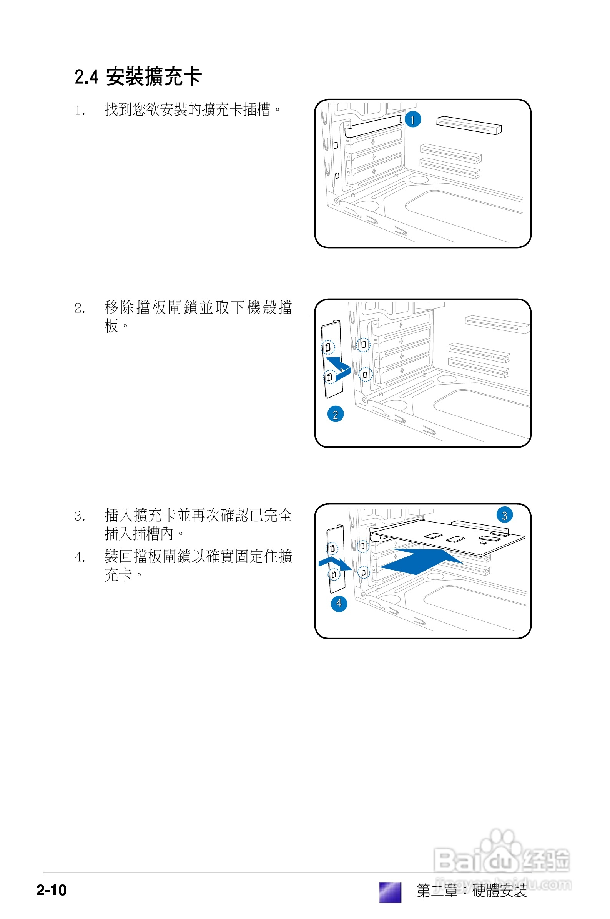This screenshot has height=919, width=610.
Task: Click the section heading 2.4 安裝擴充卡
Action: pyautogui.click(x=138, y=76)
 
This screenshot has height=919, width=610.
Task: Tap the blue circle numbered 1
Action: pyautogui.click(x=413, y=120)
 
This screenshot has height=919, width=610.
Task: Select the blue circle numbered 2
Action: pyautogui.click(x=335, y=415)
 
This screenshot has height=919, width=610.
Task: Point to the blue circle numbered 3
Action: pyautogui.click(x=504, y=516)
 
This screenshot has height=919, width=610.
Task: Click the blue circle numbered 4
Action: pyautogui.click(x=339, y=603)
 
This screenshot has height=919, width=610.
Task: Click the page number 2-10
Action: pyautogui.click(x=52, y=890)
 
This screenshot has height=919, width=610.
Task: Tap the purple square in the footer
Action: pyautogui.click(x=390, y=892)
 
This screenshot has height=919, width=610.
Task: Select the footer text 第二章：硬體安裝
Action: pyautogui.click(x=472, y=891)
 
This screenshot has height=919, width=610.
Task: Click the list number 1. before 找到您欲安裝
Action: pyautogui.click(x=80, y=111)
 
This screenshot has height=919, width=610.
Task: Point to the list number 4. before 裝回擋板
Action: pyautogui.click(x=80, y=557)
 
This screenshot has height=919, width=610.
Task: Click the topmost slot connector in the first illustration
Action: pyautogui.click(x=469, y=125)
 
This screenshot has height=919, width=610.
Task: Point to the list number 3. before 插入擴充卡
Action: pyautogui.click(x=80, y=517)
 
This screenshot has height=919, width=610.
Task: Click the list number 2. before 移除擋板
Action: pyautogui.click(x=80, y=309)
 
